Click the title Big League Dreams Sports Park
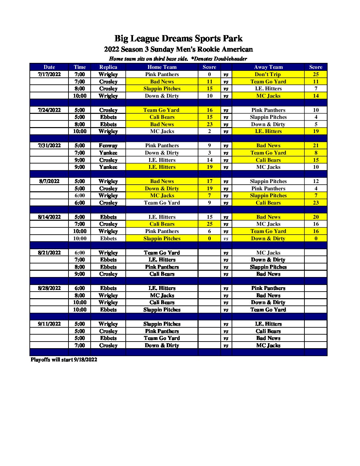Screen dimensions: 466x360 178,39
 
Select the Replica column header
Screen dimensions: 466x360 108,67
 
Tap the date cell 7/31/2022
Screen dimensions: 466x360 49,146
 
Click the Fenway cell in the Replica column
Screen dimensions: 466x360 108,146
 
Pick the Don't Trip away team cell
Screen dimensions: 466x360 268,74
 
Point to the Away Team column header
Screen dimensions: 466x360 268,67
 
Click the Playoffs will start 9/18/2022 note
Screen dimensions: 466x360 64,360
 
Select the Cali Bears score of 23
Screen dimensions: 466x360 316,203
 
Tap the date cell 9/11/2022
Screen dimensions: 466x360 49,324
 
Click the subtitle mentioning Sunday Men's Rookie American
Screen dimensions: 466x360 178,49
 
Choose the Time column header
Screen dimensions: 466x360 80,67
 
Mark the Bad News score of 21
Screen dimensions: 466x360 316,146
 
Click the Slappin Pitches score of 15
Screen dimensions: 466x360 209,89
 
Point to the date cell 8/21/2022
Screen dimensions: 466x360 49,253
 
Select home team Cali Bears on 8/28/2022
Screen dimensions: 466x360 162,303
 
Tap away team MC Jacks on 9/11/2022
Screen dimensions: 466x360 268,346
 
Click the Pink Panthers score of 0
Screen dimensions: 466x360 209,74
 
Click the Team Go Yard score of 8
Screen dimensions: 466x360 316,153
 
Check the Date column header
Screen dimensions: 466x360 49,67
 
